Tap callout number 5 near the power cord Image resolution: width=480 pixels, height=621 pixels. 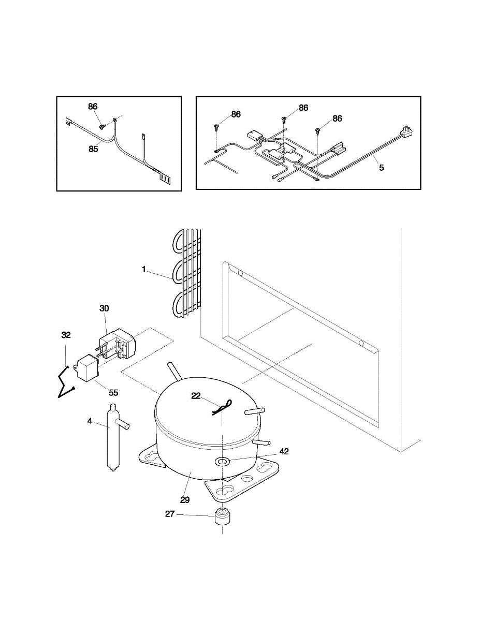[x=382, y=167]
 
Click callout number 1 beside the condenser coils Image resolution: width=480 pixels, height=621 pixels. [x=144, y=269]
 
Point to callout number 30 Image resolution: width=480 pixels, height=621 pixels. [x=104, y=308]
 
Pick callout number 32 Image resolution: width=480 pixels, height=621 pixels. [x=66, y=335]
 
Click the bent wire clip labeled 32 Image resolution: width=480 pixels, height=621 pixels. [x=65, y=383]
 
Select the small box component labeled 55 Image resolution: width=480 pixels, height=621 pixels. [x=86, y=369]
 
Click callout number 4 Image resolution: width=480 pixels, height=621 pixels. [x=90, y=421]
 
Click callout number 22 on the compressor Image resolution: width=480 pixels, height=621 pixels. [x=196, y=396]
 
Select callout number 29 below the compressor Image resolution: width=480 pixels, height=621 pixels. [x=185, y=500]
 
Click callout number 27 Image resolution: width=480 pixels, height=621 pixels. [x=169, y=514]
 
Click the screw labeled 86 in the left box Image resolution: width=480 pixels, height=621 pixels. [x=103, y=126]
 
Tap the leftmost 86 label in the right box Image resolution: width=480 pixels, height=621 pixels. [x=236, y=114]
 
